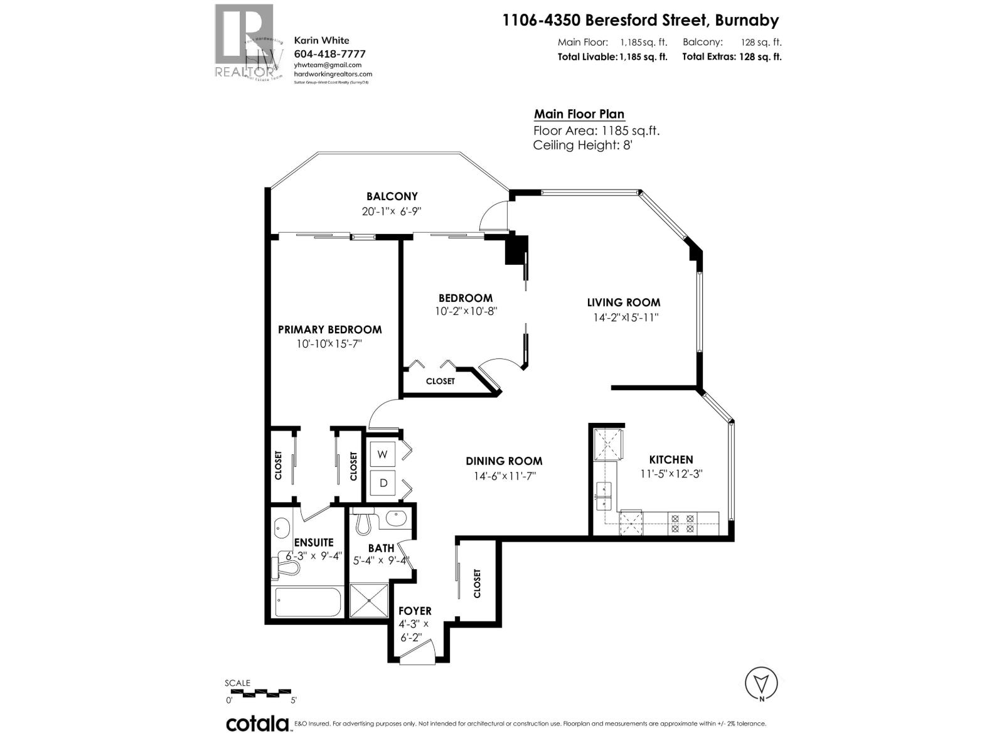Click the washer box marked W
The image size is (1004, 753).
click(383, 454)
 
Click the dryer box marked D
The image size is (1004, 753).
click(383, 483)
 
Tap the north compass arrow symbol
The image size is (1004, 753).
click(761, 683)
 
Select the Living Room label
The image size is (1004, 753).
click(624, 302)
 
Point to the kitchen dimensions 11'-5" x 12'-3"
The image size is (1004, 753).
click(671, 474)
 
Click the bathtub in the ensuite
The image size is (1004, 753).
click(308, 603)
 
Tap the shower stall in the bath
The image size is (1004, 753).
click(370, 601)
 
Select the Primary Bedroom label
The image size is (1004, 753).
click(329, 329)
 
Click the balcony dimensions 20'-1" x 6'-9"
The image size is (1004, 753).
click(391, 211)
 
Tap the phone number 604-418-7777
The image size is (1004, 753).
click(329, 54)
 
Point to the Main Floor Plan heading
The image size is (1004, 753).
click(579, 114)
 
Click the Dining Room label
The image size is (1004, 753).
click(504, 461)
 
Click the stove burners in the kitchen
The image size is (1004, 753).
click(682, 523)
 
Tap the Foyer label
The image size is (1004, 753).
click(415, 611)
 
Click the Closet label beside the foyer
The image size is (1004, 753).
click(477, 583)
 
